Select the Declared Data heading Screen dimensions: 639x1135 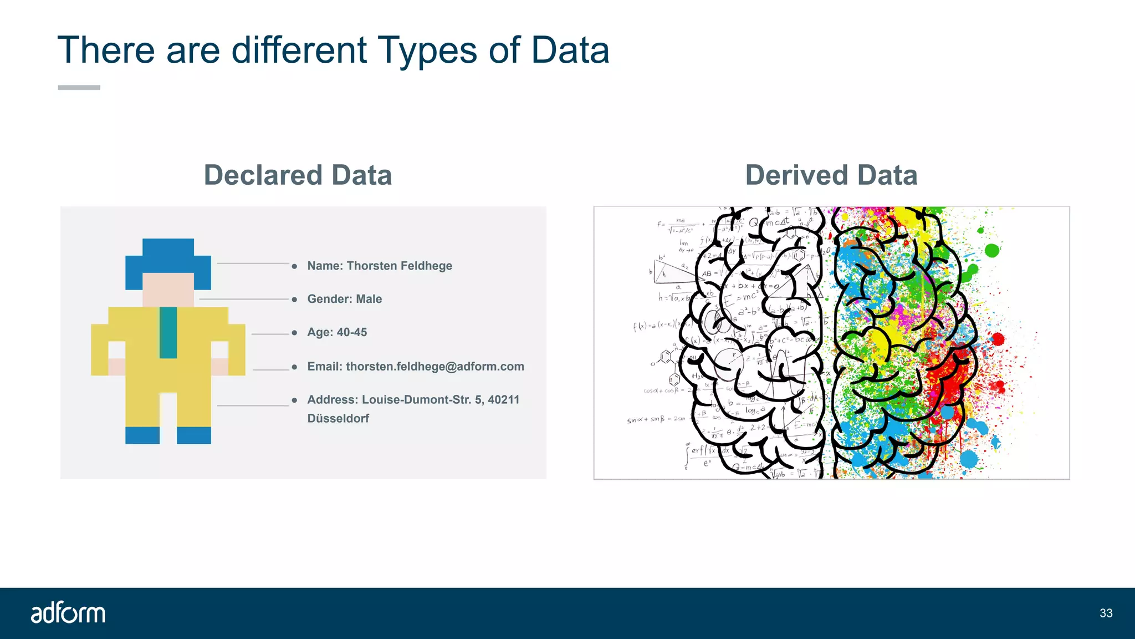(298, 175)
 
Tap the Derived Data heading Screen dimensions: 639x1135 (831, 175)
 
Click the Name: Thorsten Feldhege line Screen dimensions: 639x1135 (380, 266)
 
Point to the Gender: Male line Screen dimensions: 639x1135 (344, 299)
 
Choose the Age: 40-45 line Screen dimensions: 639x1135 (337, 332)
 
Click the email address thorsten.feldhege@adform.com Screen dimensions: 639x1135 (435, 367)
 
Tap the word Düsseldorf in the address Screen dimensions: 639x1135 (338, 419)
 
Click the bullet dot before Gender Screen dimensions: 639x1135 (294, 300)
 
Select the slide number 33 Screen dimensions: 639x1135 (1106, 613)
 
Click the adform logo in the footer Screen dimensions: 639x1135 (68, 613)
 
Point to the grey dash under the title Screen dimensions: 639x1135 (79, 88)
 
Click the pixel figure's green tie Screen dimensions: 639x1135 (168, 332)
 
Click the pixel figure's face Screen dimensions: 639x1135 (168, 288)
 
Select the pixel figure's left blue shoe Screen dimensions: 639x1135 (142, 435)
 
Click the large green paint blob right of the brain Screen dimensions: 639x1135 (992, 251)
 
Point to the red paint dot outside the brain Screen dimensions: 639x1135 (998, 339)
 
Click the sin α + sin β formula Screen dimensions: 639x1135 (656, 420)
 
